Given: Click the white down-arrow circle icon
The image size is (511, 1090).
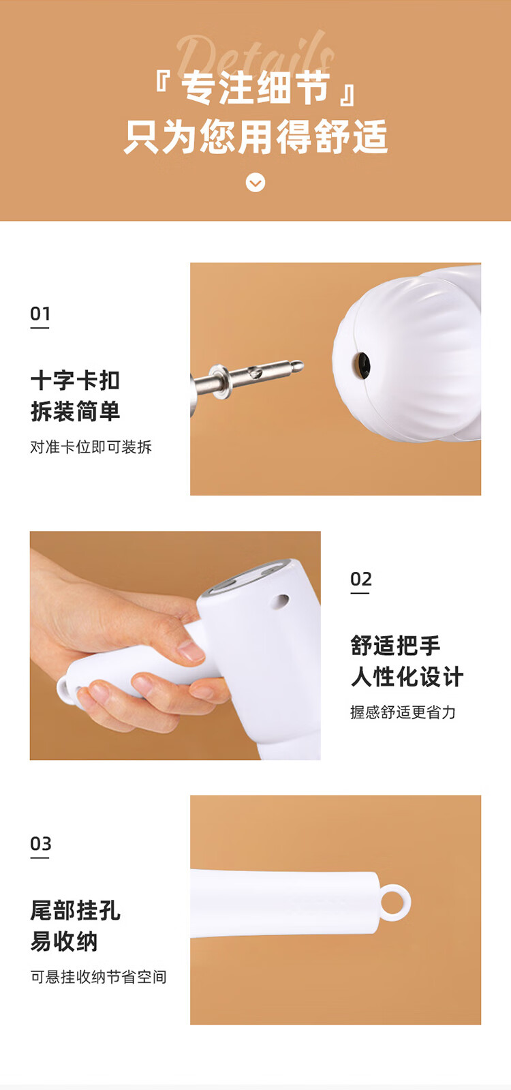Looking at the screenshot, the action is (255, 183).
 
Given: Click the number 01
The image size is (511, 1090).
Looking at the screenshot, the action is (40, 314).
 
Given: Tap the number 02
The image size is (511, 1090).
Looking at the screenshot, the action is (360, 579).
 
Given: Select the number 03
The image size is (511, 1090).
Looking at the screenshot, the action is (40, 843).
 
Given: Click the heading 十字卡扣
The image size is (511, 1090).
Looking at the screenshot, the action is (76, 380).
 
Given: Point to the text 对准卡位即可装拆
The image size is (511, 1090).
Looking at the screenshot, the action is (91, 446).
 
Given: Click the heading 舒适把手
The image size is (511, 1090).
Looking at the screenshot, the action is (395, 646).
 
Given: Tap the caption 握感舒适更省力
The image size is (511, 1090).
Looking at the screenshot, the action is (403, 712).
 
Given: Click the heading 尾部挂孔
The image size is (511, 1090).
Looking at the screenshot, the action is (76, 910).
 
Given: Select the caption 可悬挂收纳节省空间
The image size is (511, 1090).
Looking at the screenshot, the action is (99, 977).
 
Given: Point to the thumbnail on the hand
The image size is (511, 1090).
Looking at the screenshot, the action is (191, 650).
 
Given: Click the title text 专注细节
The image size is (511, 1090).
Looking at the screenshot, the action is (255, 87).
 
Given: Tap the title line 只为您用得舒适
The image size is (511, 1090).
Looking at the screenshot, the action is (255, 136).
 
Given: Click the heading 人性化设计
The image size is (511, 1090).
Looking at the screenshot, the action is (407, 676).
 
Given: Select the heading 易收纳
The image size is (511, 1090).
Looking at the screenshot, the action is (64, 941).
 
